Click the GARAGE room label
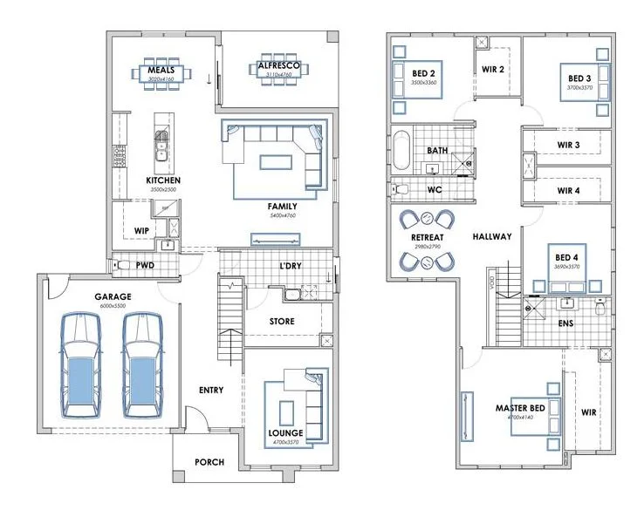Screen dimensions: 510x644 (x=113, y=296)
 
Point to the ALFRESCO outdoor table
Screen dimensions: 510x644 (x=277, y=70)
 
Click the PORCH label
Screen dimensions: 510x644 (x=209, y=462)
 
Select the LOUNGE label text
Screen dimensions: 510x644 (x=285, y=433)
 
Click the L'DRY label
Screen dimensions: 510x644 (x=291, y=265)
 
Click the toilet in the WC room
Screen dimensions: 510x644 (x=402, y=188)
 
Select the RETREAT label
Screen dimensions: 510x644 (x=427, y=237)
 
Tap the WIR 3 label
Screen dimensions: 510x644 (x=568, y=145)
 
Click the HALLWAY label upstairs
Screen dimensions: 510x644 (x=492, y=236)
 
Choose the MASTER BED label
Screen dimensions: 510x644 (x=520, y=408)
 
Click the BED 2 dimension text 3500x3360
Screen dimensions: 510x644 (x=423, y=83)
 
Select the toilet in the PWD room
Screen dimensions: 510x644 (x=123, y=264)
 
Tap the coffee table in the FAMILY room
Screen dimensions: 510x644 (x=277, y=162)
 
